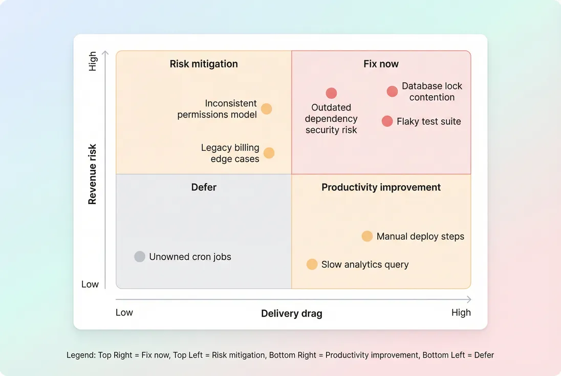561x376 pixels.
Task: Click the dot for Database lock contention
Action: (x=392, y=92)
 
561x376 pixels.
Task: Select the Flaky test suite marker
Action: (x=387, y=121)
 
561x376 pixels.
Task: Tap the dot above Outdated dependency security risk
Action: (x=332, y=93)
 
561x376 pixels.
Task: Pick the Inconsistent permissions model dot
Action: (x=267, y=109)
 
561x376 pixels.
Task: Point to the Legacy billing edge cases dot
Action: (x=269, y=153)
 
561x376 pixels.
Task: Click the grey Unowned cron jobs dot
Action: (x=140, y=257)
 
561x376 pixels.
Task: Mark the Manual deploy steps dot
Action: (x=367, y=236)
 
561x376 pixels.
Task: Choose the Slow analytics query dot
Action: (x=312, y=264)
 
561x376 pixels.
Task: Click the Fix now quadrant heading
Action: (x=381, y=64)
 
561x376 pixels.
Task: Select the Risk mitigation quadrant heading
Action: (x=204, y=64)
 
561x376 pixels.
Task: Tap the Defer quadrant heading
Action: (x=204, y=187)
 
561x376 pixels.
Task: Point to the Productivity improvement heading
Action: (x=381, y=187)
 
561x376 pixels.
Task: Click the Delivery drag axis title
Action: (x=292, y=314)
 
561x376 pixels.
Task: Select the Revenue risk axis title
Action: (x=92, y=174)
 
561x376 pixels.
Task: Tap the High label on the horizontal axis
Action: (x=461, y=313)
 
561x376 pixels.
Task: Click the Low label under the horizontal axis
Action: (x=124, y=313)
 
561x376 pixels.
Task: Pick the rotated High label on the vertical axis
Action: (x=93, y=61)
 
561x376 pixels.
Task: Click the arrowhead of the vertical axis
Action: (x=105, y=52)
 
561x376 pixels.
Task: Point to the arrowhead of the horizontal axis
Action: (x=469, y=300)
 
